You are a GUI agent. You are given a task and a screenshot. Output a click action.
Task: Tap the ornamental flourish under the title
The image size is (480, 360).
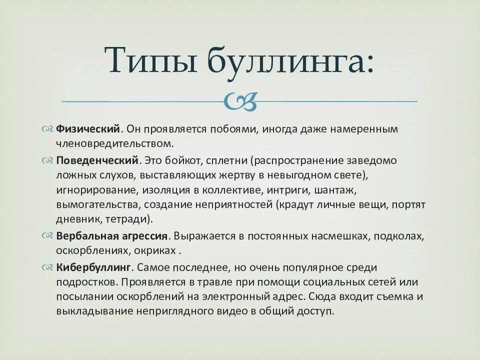(240, 101)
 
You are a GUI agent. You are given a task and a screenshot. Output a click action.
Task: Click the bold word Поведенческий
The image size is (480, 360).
(97, 160)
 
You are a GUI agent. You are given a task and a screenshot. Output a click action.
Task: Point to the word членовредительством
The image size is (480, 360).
(114, 144)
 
